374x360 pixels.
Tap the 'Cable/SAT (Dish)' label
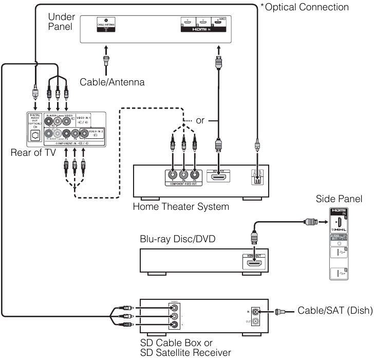click(330, 311)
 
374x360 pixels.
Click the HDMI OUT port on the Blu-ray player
click(254, 264)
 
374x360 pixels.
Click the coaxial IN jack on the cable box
click(256, 311)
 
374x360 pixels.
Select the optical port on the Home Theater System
click(257, 179)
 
